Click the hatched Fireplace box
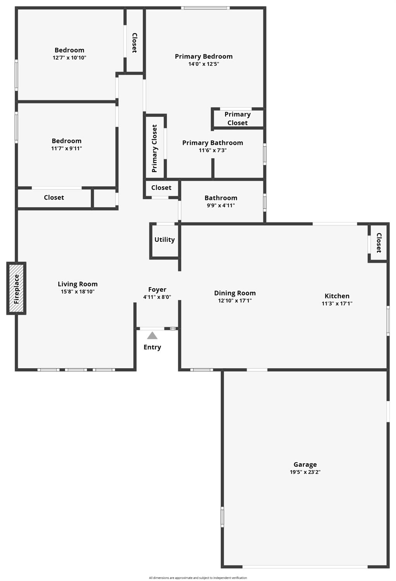16,288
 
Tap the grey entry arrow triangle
152,336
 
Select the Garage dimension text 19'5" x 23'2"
305,472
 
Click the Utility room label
164,240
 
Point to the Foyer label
157,289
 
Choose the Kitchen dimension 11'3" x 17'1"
337,303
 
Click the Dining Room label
235,293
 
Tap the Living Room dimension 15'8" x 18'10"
77,291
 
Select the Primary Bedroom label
203,57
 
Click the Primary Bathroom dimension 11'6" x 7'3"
212,150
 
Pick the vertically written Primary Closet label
154,148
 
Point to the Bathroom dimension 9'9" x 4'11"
221,205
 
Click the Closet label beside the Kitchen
379,243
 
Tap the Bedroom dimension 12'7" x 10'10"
69,58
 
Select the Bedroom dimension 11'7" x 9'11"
66,148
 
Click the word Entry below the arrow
152,347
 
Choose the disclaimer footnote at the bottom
198,578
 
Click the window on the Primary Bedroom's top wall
205,8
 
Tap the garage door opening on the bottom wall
305,567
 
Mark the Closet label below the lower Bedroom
54,197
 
